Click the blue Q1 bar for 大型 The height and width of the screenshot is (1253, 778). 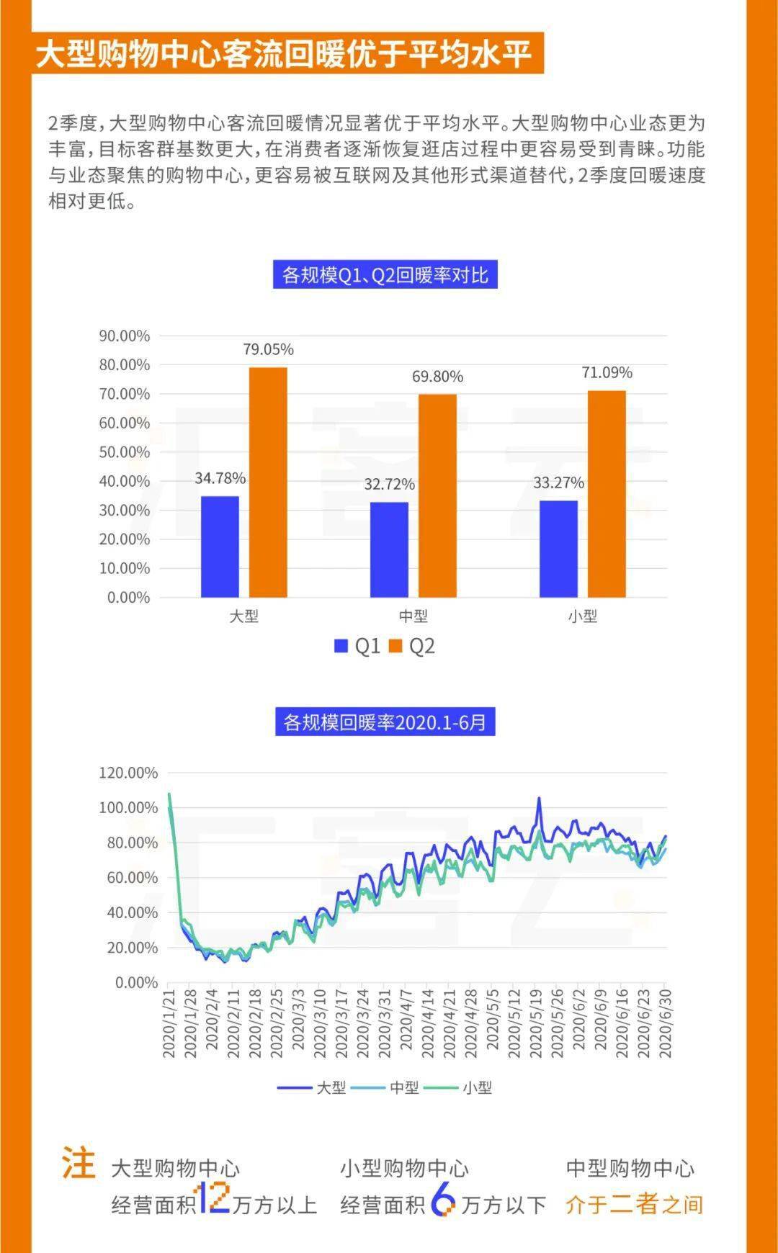[x=220, y=547]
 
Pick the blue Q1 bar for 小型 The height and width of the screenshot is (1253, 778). [x=558, y=549]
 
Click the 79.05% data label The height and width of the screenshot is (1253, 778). [x=268, y=350]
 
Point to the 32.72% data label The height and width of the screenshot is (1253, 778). [x=389, y=484]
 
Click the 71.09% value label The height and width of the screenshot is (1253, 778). [x=607, y=373]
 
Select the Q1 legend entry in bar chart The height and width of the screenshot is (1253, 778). [x=357, y=646]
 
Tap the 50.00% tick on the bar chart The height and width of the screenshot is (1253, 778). [x=125, y=452]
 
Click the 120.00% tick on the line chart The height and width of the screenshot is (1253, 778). [x=128, y=773]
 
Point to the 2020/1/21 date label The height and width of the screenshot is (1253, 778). [x=169, y=1023]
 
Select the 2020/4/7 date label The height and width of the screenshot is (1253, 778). [x=407, y=1023]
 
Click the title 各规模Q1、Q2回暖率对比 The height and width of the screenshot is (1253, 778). [x=385, y=275]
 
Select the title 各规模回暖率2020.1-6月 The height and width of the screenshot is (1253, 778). [x=385, y=722]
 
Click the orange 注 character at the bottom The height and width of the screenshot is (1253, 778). [x=79, y=1164]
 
